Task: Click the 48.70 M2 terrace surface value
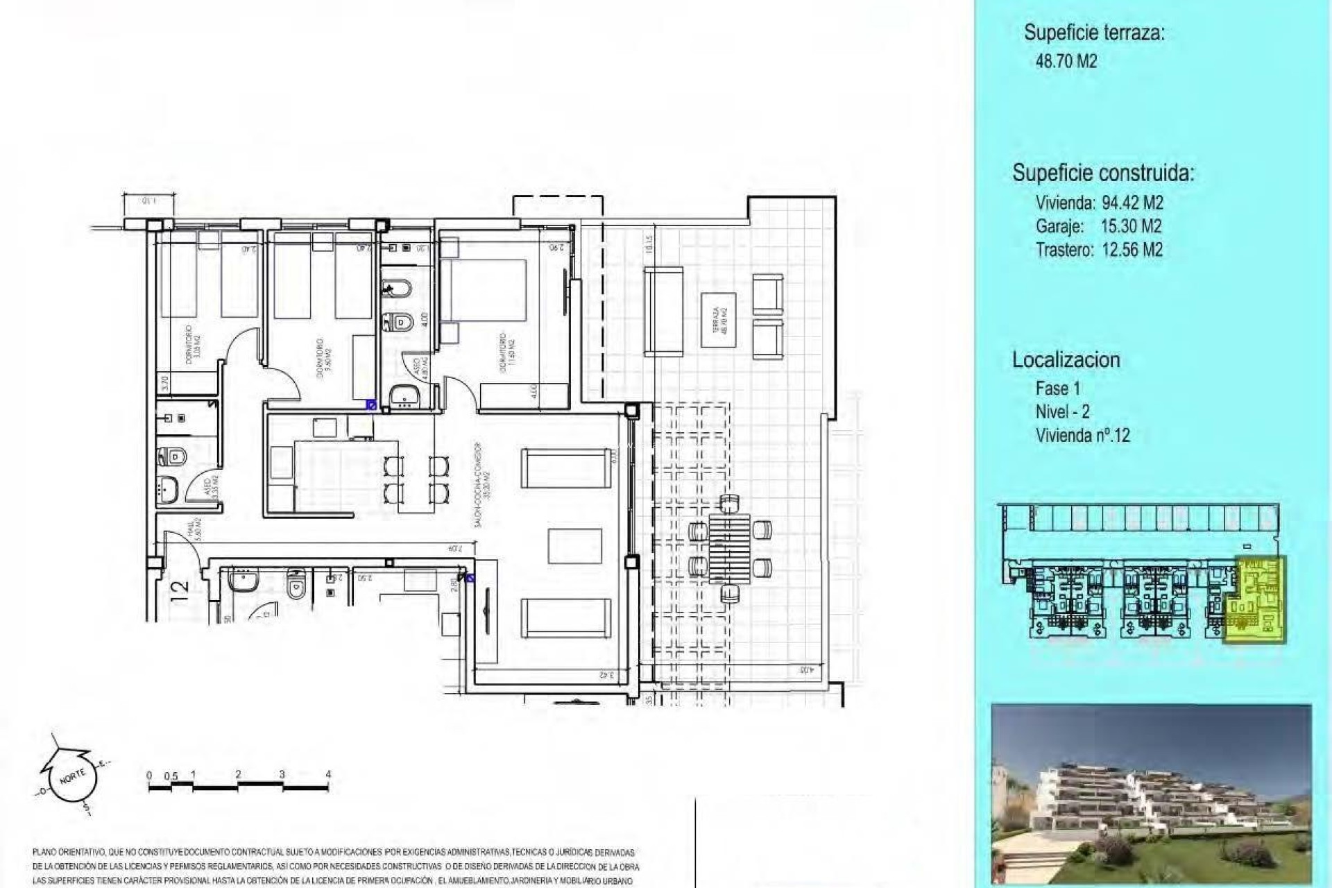[x=1066, y=61]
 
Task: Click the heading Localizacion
[x=1066, y=359]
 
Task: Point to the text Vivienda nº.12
[x=1082, y=436]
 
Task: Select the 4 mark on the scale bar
[x=328, y=774]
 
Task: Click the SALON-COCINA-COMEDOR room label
[x=483, y=486]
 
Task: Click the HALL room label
[x=194, y=531]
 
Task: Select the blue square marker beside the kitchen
[x=371, y=404]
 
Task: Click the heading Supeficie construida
[x=1103, y=173]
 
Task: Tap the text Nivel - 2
[x=1062, y=411]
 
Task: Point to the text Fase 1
[x=1057, y=388]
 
